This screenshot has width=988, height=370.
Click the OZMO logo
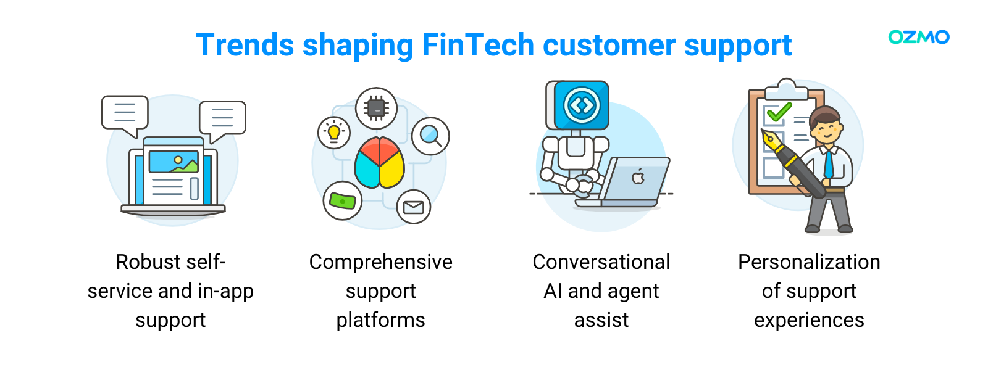coord(918,37)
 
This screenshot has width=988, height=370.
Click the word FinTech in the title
coord(477,45)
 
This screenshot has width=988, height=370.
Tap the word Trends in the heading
coord(245,45)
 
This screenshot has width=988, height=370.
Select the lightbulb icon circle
coord(334,133)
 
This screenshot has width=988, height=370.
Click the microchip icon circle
coord(376,108)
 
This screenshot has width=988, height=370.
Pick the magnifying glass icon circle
coord(430,136)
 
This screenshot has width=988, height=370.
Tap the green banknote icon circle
coord(343,201)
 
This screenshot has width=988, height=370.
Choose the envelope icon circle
coord(413,207)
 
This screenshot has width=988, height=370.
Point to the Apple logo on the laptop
coord(638,178)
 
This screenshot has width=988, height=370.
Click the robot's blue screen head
coord(581,105)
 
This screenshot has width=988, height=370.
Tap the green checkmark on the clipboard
coord(779,112)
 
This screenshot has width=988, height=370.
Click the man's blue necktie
coord(828,163)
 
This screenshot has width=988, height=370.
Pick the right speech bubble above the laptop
coord(222,118)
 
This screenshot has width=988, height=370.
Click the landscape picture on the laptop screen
coord(174,162)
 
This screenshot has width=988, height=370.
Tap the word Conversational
coord(601,262)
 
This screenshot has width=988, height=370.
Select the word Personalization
coord(809,262)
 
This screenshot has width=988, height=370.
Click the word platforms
coord(380,320)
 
